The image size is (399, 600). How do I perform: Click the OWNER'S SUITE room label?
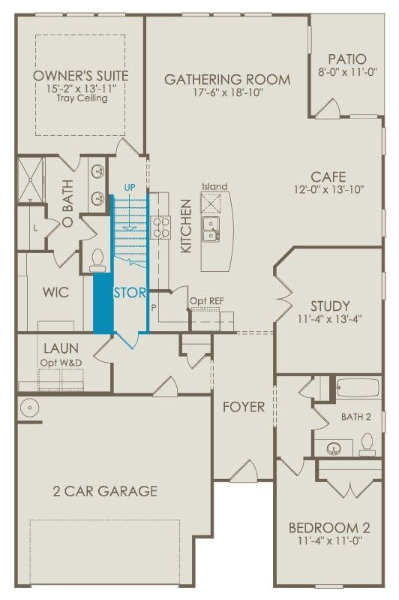(81, 76)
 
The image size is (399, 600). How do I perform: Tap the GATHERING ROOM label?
(226, 79)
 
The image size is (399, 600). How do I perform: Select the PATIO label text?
(346, 59)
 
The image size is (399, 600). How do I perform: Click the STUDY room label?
(330, 306)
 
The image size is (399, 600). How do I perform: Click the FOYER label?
(244, 406)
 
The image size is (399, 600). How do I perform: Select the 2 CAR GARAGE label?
(105, 491)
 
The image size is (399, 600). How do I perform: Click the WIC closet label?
(56, 292)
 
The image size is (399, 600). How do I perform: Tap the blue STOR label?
(130, 292)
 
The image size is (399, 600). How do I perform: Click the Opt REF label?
(207, 301)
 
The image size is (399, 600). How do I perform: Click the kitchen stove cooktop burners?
(160, 227)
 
